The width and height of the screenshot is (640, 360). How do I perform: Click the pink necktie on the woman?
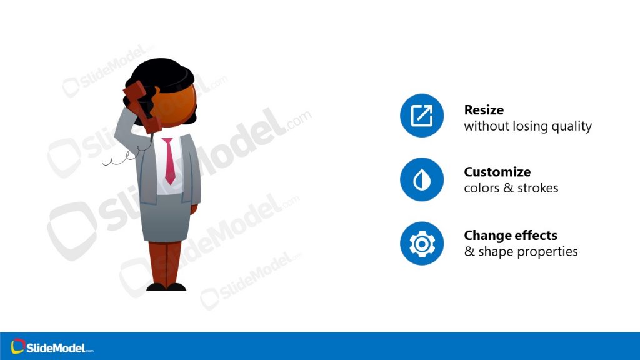click(169, 161)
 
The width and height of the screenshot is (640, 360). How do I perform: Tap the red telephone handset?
click(141, 106)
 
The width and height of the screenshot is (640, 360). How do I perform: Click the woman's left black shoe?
click(156, 287)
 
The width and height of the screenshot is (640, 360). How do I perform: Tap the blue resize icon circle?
click(422, 116)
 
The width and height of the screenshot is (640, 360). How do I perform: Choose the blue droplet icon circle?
click(422, 179)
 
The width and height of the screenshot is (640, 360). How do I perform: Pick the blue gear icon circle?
click(422, 243)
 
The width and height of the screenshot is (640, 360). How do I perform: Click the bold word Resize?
click(484, 110)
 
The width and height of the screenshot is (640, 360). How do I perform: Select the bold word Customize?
click(497, 172)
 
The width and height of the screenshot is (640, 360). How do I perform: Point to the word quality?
click(570, 126)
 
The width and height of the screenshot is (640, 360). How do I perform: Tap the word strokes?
click(537, 188)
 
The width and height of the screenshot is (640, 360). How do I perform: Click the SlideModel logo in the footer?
click(52, 347)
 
